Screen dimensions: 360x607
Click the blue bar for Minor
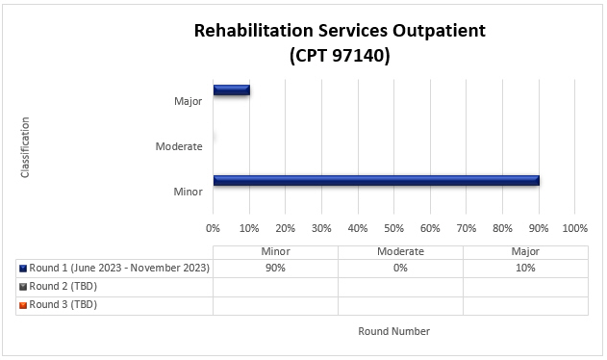[375, 180]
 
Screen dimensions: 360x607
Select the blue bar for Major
[231, 90]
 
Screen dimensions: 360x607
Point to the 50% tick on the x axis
[393, 228]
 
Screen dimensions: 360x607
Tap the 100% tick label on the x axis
[574, 228]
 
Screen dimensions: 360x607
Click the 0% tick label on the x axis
[213, 228]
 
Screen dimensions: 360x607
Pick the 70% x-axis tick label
[466, 228]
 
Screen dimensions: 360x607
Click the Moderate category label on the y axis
[179, 146]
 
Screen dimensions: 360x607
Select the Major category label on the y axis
[188, 101]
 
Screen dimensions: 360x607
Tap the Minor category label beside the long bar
[188, 192]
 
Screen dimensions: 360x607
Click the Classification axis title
[25, 146]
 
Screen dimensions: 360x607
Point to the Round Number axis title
[393, 331]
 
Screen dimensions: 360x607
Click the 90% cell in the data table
[275, 268]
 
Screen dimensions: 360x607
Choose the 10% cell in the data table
[525, 268]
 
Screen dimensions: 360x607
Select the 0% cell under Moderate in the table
[400, 268]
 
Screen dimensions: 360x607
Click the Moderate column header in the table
[400, 250]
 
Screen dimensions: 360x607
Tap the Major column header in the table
[525, 250]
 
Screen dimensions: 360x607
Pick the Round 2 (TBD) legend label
[64, 286]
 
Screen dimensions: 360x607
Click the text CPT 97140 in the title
[340, 56]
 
